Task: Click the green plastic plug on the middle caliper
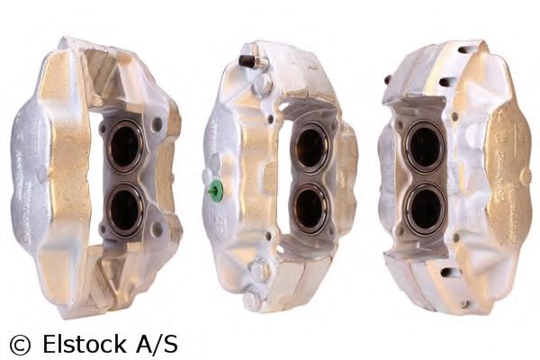pos(216,191)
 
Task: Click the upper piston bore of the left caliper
pos(125,146)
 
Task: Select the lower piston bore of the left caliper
pos(124,210)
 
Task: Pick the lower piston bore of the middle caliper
pos(310,208)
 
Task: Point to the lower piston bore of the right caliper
pos(426,208)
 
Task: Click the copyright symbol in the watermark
pos(21,345)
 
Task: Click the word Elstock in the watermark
pos(85,343)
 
